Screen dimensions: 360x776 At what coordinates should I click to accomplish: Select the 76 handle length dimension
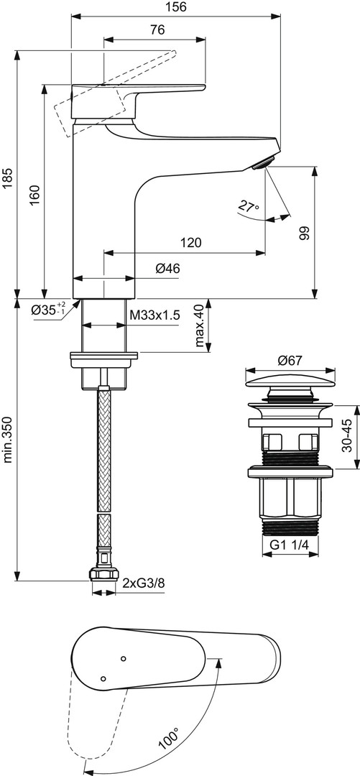click(157, 29)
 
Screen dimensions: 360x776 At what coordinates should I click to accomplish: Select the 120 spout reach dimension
click(191, 243)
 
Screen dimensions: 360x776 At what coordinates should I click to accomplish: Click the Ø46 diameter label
click(167, 269)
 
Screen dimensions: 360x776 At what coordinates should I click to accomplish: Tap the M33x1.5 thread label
click(154, 315)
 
